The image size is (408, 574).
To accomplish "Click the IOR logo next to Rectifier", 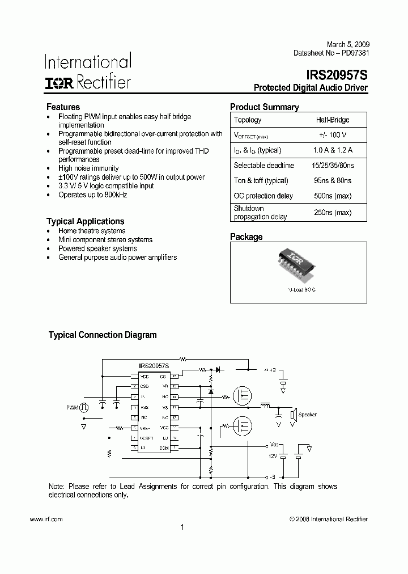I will (x=59, y=83).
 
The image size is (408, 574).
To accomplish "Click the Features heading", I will (x=63, y=107).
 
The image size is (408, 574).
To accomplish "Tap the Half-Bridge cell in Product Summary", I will (x=333, y=120).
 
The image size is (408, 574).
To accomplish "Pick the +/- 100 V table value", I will (x=333, y=135).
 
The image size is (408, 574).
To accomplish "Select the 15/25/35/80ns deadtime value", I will (x=333, y=166).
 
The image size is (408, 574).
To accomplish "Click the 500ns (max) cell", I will (x=333, y=196).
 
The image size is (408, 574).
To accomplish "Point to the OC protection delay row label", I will (x=263, y=196).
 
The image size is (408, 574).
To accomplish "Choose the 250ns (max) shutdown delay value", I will (x=333, y=213).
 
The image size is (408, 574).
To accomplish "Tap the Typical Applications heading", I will (x=85, y=221).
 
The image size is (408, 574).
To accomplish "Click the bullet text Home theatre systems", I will (x=92, y=231).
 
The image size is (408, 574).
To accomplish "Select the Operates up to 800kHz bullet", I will (x=92, y=195).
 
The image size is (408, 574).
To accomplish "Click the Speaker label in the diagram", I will (x=307, y=415).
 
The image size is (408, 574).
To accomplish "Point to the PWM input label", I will (x=71, y=407).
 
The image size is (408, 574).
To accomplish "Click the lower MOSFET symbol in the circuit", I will (x=243, y=426).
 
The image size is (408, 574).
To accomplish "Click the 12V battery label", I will (x=273, y=455).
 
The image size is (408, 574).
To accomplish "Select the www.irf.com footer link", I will (x=45, y=519).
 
